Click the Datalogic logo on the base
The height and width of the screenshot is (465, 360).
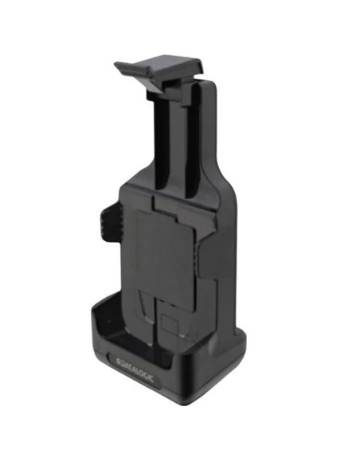135,369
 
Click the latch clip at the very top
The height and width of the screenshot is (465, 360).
160,73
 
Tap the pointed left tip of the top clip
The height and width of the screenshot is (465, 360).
115,64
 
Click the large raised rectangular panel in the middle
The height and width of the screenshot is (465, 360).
164,255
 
